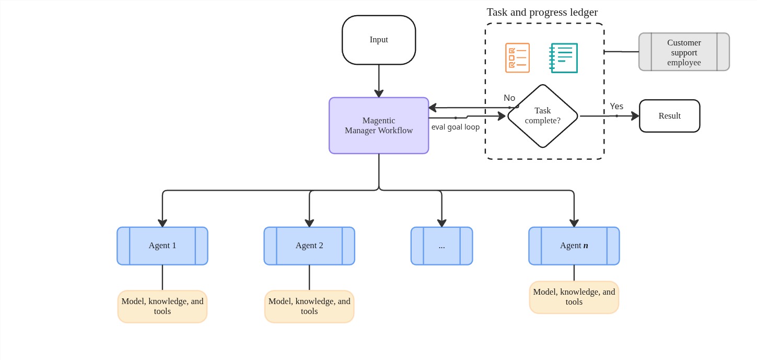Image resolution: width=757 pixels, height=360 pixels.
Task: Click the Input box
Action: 379,40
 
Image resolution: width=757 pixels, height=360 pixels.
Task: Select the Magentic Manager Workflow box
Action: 379,125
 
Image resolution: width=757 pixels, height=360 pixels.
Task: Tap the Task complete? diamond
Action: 543,116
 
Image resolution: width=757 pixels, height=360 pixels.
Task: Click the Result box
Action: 669,116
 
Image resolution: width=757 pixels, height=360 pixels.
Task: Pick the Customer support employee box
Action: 684,52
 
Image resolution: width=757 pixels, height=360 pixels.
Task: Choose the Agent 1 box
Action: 162,246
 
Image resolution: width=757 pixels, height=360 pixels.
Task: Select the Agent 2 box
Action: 309,246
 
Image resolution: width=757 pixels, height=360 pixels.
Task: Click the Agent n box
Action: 574,246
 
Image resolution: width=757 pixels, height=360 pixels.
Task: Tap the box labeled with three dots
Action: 441,246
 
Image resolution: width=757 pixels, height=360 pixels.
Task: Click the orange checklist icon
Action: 517,57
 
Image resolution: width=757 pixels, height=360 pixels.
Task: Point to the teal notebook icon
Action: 564,57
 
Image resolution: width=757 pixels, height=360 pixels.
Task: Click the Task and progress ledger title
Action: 542,12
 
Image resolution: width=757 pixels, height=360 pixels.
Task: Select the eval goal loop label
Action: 455,127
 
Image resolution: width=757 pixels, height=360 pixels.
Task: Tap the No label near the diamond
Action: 509,98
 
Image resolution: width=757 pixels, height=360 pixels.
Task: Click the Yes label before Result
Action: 616,106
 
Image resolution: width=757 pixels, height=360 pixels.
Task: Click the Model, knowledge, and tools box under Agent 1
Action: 162,307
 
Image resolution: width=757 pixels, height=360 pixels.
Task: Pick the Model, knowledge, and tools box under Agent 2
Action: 309,307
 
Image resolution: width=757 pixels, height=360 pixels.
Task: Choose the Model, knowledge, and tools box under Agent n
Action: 574,297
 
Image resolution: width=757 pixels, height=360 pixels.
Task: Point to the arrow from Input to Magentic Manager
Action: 379,81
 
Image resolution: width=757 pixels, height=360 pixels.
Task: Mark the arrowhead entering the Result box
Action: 635,116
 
